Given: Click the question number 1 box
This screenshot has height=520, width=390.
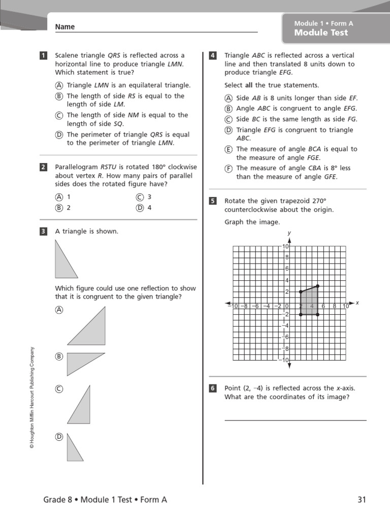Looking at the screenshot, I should tap(44, 55).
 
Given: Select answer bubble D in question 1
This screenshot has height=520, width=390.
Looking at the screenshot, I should tap(59, 135).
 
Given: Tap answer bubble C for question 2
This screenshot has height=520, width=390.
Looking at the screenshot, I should tap(140, 197).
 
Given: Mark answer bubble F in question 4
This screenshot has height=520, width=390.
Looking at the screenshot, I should tap(229, 168).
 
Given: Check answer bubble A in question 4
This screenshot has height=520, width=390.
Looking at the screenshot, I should tap(229, 98).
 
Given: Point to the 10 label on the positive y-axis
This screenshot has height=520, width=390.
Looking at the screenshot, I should tap(285, 246).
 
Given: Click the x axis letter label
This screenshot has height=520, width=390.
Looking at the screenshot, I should tap(357, 303).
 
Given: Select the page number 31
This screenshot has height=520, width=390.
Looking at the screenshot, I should tap(361, 500).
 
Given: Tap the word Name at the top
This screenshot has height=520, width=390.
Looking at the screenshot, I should tap(64, 27).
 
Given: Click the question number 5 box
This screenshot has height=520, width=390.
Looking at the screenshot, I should tap(213, 201).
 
